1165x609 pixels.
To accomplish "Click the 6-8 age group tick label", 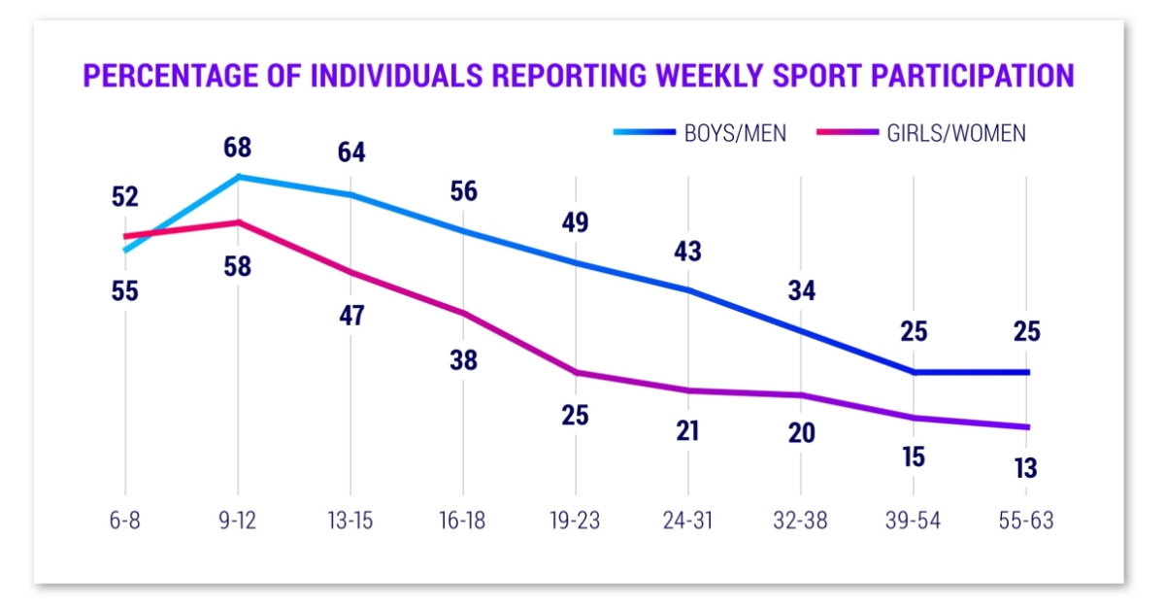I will coord(125,521).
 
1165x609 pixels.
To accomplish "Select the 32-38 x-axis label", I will coord(802,521).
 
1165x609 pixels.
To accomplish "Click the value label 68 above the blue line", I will coord(238,148).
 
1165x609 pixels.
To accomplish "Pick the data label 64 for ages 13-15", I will coord(350,153).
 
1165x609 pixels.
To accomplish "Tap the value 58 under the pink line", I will coord(238,266).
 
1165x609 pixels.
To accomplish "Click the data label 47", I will coord(350,316).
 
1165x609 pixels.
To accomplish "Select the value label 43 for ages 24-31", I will coord(689,251).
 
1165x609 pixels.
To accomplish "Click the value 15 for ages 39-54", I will coord(915,456).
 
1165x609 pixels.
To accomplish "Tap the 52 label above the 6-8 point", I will coord(125,197).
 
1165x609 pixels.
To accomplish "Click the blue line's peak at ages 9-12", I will coord(238,177).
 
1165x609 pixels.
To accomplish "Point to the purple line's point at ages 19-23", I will coord(577,372).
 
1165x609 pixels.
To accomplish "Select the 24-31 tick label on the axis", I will coord(689,521).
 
